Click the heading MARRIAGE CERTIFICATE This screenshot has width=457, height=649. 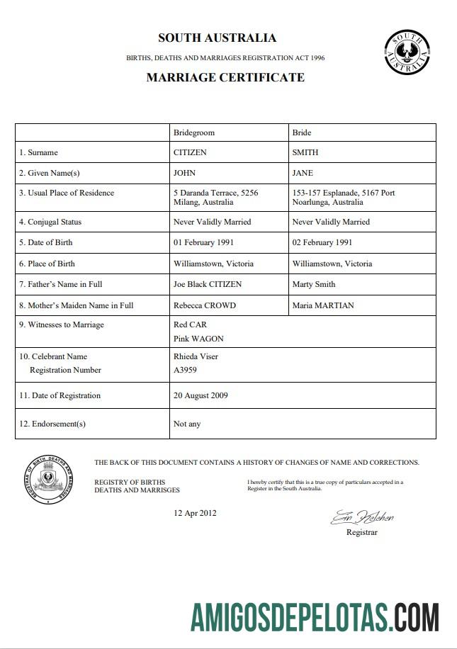coord(225,77)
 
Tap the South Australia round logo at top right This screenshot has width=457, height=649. coord(407,52)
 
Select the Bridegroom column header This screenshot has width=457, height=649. coord(193,132)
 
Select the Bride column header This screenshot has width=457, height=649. coord(302,132)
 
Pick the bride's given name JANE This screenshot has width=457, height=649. coord(303,173)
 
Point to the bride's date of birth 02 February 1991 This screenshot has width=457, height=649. coord(322,242)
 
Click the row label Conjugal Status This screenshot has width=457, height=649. coord(50,222)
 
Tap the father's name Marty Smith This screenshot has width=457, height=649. coord(314,284)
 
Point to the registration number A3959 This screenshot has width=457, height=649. coord(185,370)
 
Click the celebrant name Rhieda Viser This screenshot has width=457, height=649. coord(196,356)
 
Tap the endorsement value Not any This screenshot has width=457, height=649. coord(187,424)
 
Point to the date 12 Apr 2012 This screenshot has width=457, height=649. coord(196,513)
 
